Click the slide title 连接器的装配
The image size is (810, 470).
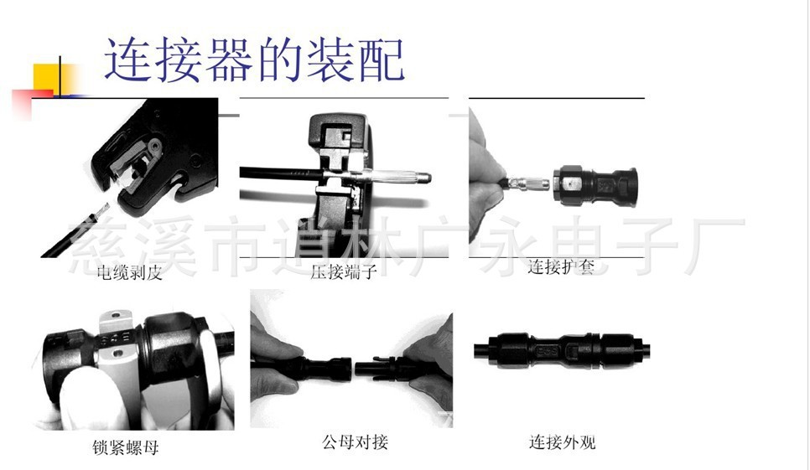point(254,59)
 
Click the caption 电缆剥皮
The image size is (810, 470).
point(130,272)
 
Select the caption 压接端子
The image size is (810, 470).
point(344,271)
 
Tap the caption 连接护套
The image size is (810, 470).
point(562,266)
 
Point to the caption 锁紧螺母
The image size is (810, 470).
point(126,447)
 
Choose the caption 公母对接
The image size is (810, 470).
point(355,442)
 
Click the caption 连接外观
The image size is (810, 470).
point(562,442)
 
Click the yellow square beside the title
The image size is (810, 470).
point(51,79)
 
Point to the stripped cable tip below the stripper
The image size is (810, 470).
point(101,210)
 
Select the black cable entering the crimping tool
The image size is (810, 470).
point(282,174)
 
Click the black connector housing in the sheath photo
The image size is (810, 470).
point(595,186)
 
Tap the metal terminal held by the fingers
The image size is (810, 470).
point(529,183)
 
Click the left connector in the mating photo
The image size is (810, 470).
point(313,367)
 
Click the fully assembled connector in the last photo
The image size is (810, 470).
point(562,350)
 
